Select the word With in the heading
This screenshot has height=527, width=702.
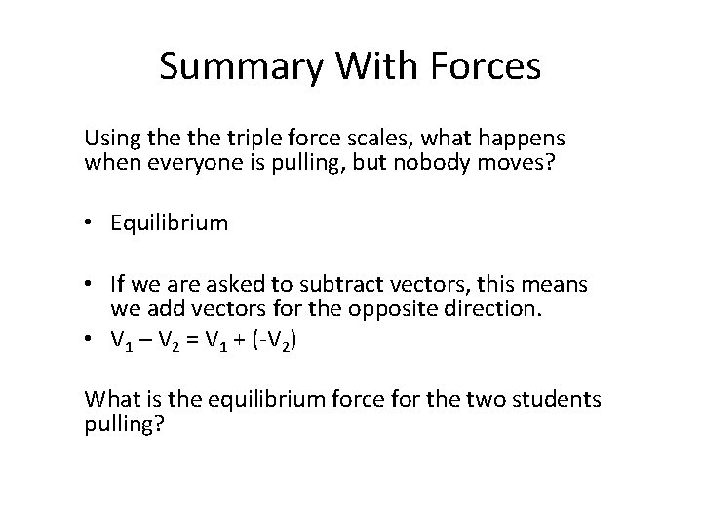[366, 66]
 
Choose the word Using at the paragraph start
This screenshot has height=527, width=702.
[110, 140]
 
